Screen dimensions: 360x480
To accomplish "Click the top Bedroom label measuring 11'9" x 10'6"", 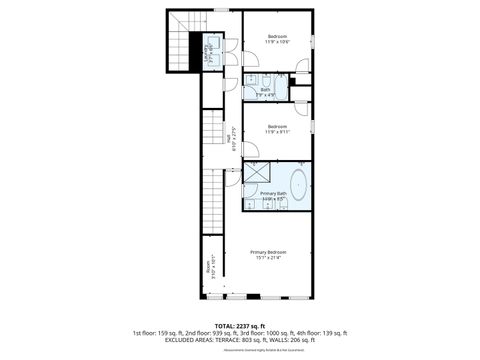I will pyautogui.click(x=277, y=39).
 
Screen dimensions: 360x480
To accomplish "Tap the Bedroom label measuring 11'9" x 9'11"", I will pyautogui.click(x=277, y=129).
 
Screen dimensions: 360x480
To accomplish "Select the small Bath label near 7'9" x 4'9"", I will pyautogui.click(x=265, y=91).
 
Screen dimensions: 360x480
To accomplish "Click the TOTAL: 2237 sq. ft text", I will pyautogui.click(x=239, y=325).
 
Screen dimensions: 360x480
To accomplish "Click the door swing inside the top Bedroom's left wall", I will pyautogui.click(x=249, y=59).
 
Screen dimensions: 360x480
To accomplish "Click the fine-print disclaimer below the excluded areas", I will pyautogui.click(x=239, y=349).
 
